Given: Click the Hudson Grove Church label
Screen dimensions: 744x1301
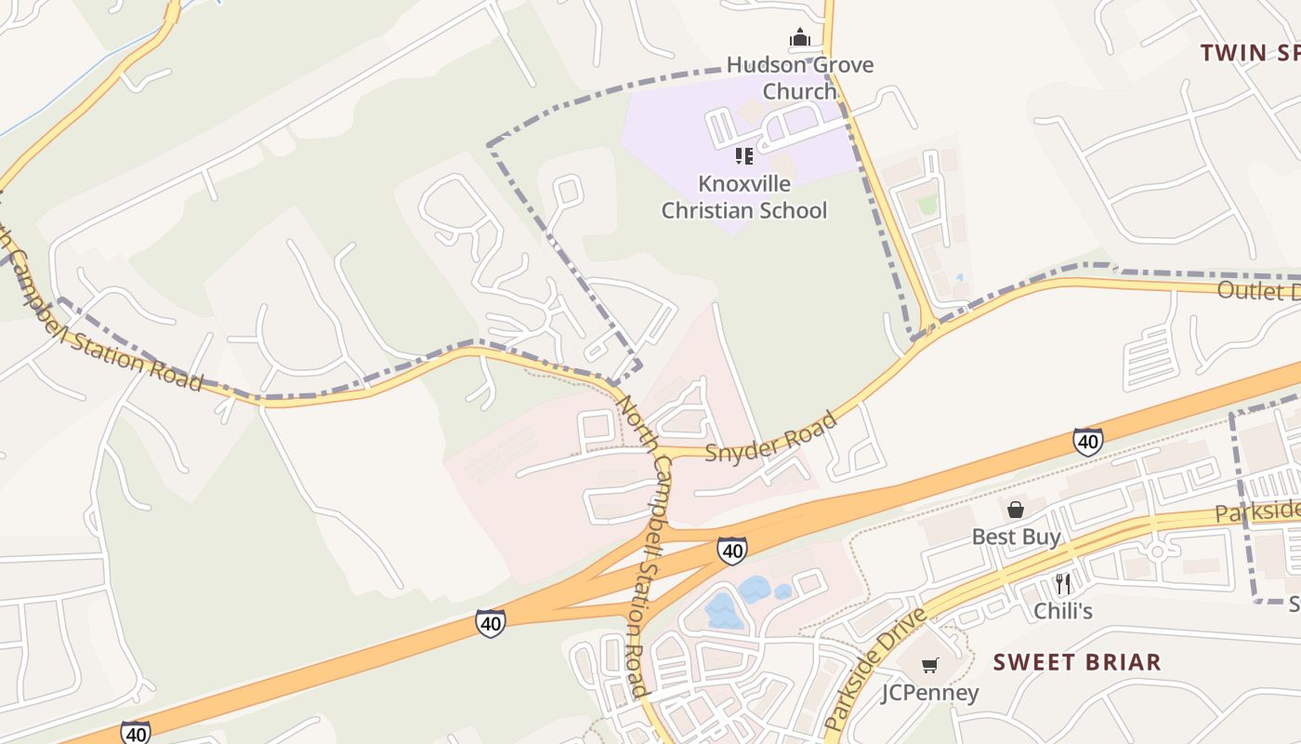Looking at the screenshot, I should point(799,78).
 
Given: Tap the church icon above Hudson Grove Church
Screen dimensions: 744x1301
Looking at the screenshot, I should point(799,38).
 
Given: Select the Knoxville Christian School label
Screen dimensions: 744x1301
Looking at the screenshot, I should point(743,196).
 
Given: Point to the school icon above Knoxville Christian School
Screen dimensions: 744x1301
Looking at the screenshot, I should point(743,155).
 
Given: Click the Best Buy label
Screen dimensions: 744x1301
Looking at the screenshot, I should point(1016,537).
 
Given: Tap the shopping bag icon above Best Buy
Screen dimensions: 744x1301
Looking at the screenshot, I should point(1016,510).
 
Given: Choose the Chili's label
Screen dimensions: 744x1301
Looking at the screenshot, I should point(1063,611).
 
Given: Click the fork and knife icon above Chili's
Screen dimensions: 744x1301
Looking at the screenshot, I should point(1063,584).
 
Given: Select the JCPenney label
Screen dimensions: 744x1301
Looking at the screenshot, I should point(930,693).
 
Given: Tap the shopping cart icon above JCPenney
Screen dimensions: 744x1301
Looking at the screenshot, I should point(929,665).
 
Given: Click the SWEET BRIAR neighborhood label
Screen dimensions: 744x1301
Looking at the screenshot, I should point(1077,662).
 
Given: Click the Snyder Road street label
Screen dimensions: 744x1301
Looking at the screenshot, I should point(771,436).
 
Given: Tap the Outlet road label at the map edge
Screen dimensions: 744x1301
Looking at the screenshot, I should point(1258,290).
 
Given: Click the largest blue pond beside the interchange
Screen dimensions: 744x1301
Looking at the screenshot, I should point(721,611).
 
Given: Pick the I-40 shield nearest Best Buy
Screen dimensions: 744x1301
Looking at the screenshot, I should point(1087,441).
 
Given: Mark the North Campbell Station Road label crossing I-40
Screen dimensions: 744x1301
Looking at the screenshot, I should point(642,558).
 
